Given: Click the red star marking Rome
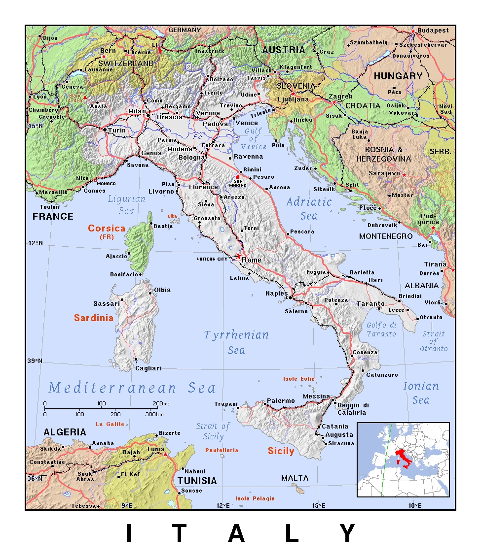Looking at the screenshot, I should coord(238,256).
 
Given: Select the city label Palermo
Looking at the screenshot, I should coord(281,401).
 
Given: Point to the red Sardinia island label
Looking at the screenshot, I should coord(94,318).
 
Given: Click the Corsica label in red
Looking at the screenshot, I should coord(107,229).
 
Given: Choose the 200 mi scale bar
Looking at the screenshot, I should coord(101,408).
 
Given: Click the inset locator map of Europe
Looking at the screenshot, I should coord(403,459).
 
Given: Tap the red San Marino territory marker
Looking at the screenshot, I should coord(237,176).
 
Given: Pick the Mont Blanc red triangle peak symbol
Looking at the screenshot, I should coord(84,98).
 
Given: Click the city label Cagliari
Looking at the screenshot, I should coord(148,368).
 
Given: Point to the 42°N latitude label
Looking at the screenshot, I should coord(35,243).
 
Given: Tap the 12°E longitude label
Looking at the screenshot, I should coord(222,505).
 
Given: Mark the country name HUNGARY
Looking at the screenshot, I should coord(398,76).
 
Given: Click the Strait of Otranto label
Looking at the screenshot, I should coord(434,341).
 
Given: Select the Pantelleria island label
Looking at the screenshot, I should coord(222,450).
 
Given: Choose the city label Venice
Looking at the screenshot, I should coord(246,123).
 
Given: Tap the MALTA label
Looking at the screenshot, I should coord(295,478).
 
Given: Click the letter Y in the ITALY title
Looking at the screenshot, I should coord(348,533).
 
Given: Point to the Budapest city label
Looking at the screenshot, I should coord(433,30).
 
